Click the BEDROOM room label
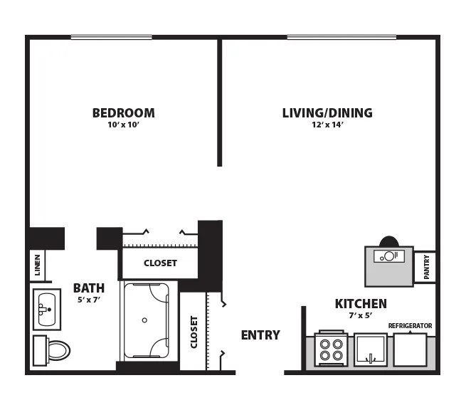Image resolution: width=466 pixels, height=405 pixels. (124, 113)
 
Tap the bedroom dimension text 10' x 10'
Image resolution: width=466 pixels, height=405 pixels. (124, 125)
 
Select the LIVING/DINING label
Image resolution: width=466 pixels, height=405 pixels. (327, 113)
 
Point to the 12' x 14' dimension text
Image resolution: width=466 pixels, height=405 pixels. (327, 125)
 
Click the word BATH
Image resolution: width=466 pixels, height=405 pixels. (89, 288)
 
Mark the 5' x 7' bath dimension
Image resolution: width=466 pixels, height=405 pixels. (89, 300)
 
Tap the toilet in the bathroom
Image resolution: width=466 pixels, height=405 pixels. (51, 350)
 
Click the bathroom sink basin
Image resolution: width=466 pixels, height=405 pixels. (47, 309)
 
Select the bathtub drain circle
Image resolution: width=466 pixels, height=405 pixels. (144, 320)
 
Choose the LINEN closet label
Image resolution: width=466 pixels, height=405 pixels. (38, 265)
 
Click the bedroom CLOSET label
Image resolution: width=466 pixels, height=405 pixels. (161, 263)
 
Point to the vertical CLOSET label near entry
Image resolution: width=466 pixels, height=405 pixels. (194, 332)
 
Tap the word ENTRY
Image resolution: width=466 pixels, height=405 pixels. (260, 335)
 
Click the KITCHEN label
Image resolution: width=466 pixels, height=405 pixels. (361, 304)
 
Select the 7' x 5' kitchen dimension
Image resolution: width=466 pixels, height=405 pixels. (361, 315)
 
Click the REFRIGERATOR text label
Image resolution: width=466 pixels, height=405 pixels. (410, 326)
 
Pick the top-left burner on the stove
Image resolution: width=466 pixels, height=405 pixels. (325, 344)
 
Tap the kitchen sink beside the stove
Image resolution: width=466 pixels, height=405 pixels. (371, 350)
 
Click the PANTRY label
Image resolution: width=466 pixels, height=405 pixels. (426, 267)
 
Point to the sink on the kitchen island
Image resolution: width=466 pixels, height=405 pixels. (388, 256)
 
